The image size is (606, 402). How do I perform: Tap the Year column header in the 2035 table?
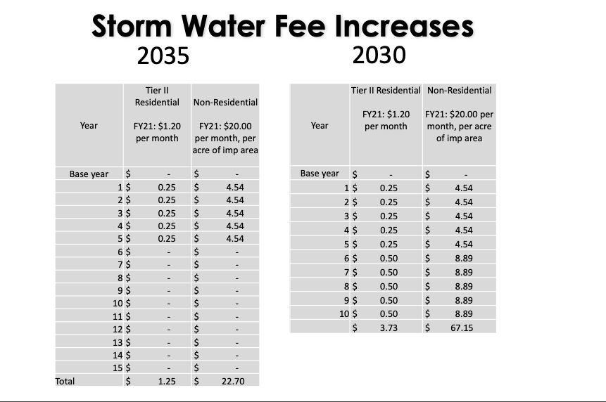click(89, 125)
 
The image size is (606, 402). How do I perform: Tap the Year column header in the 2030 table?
click(319, 125)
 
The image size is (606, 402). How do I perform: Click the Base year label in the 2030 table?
click(319, 173)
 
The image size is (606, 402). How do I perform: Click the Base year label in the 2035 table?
click(89, 174)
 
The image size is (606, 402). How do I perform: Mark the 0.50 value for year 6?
click(388, 259)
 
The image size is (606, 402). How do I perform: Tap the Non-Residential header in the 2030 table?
click(459, 90)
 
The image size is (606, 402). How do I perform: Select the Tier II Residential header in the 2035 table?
click(157, 96)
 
